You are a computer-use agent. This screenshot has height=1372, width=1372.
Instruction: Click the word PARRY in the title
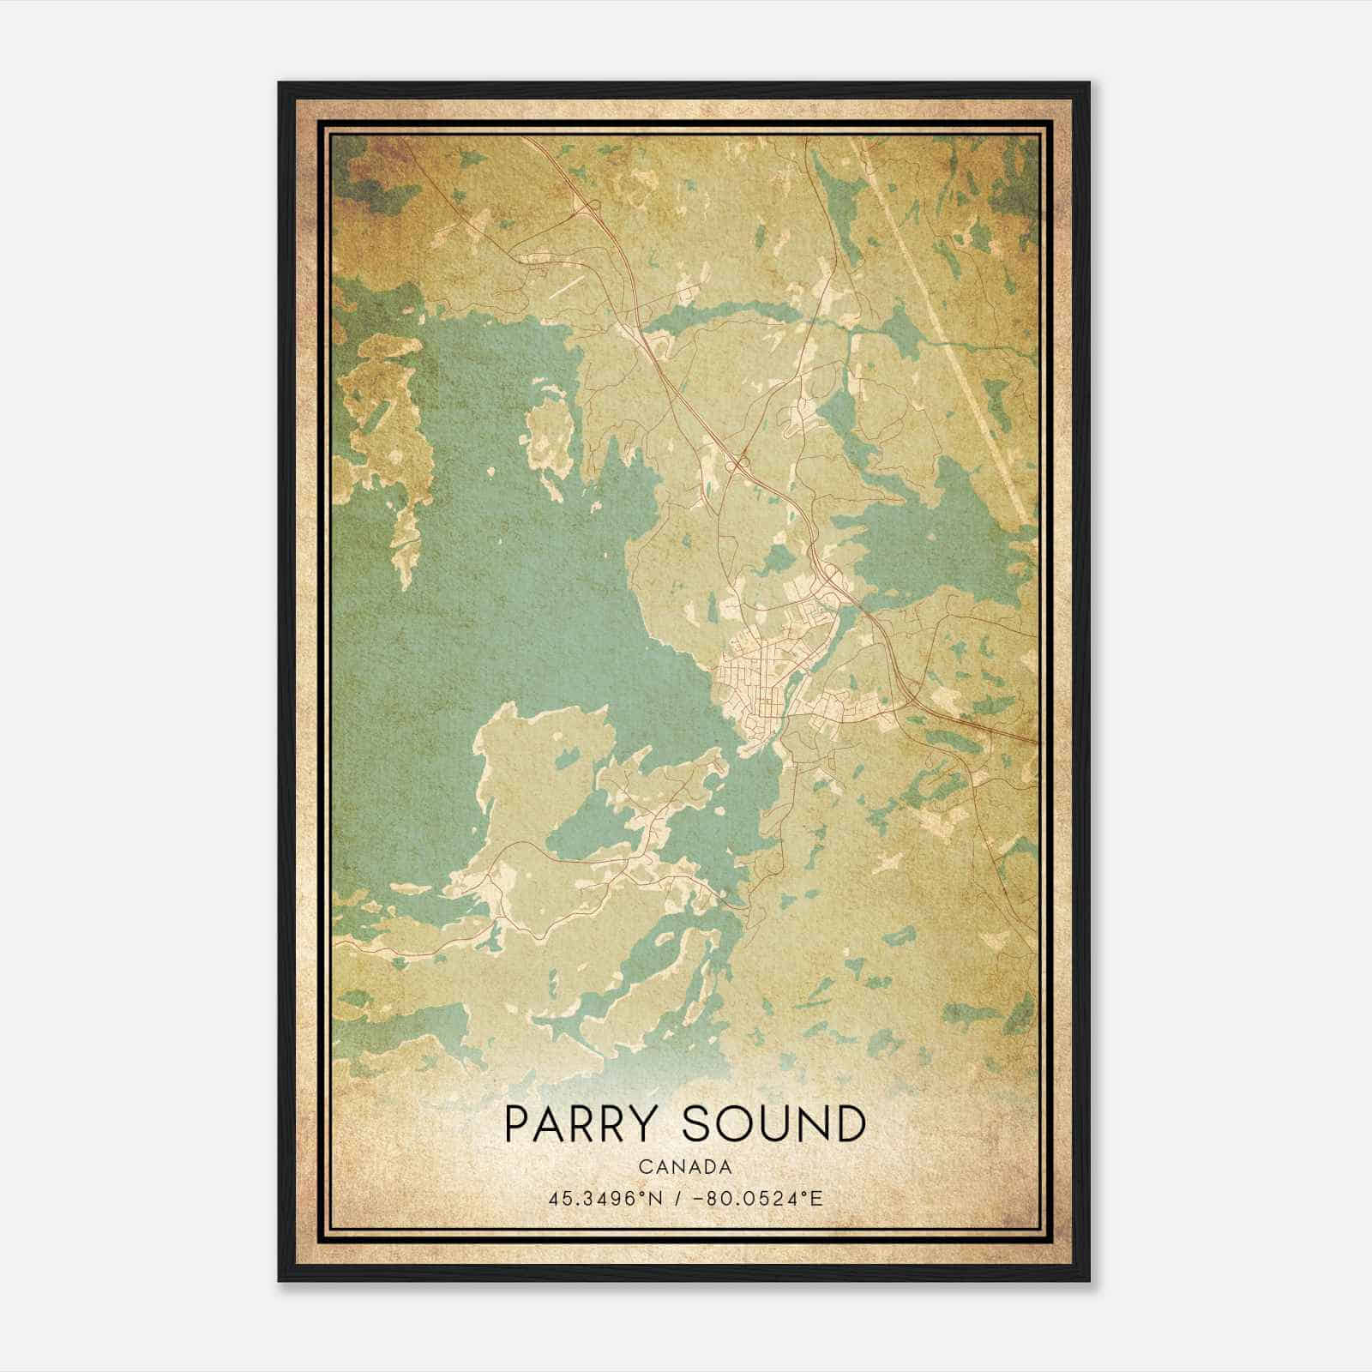point(582,1124)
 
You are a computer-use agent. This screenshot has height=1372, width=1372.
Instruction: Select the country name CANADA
point(684,1167)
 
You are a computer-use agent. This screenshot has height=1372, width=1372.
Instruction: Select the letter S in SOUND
point(696,1124)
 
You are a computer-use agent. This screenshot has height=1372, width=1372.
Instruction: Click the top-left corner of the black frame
point(280,84)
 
